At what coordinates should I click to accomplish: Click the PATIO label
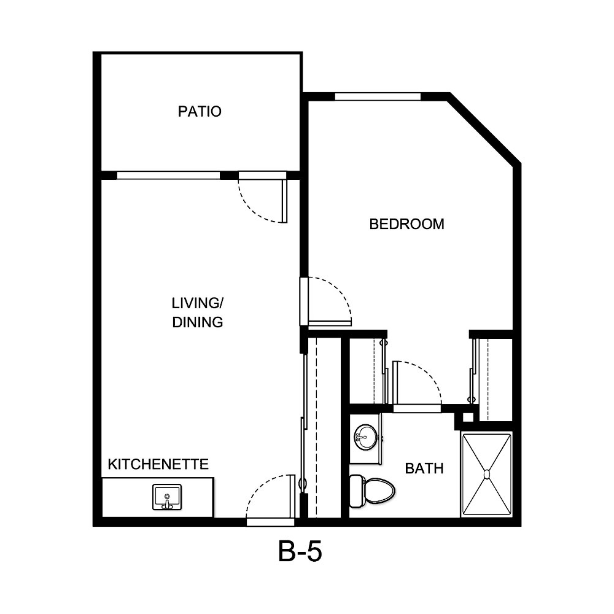tap(199, 112)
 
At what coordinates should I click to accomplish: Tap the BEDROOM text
tap(406, 224)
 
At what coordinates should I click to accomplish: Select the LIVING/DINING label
tap(197, 312)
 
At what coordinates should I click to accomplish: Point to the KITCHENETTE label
tap(158, 464)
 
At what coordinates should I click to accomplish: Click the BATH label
tap(424, 469)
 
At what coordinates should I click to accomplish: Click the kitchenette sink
tap(166, 497)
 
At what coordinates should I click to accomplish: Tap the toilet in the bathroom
tap(373, 490)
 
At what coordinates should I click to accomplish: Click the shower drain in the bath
tap(486, 474)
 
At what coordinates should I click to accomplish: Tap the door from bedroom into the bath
tap(416, 384)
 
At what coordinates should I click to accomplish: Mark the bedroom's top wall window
tap(378, 96)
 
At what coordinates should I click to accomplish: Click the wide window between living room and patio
tap(168, 175)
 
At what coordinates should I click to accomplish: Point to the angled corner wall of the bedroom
tap(485, 129)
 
